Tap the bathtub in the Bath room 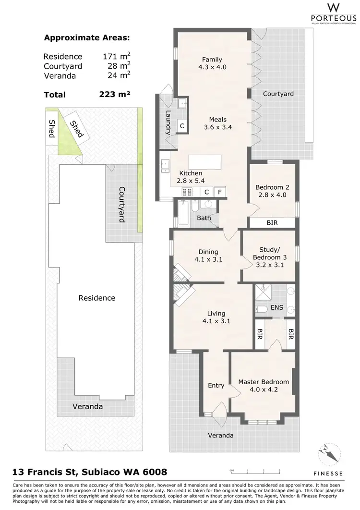pyautogui.click(x=183, y=213)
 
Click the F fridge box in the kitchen pyautogui.click(x=220, y=192)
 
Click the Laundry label pyautogui.click(x=168, y=121)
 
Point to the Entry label pyautogui.click(x=216, y=385)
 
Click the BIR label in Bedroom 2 pyautogui.click(x=272, y=223)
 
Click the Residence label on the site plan pyautogui.click(x=97, y=298)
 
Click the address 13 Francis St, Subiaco pyautogui.click(x=89, y=473)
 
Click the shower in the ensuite pyautogui.click(x=263, y=292)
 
